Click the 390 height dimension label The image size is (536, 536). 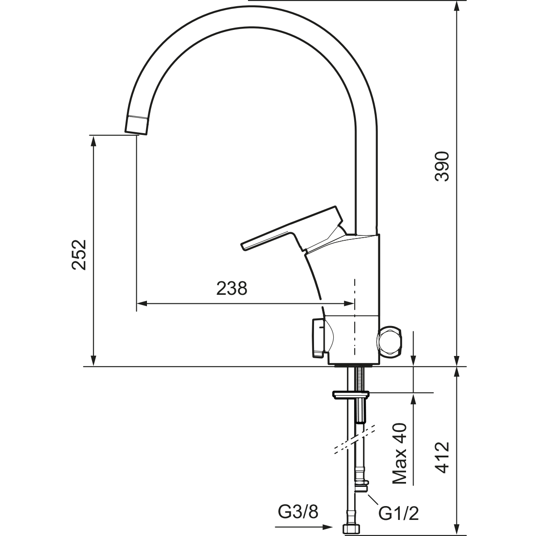(442, 166)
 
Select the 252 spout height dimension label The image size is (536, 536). (79, 255)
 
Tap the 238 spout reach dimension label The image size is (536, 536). (232, 288)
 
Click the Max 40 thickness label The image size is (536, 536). (399, 457)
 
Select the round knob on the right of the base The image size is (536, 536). (389, 341)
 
